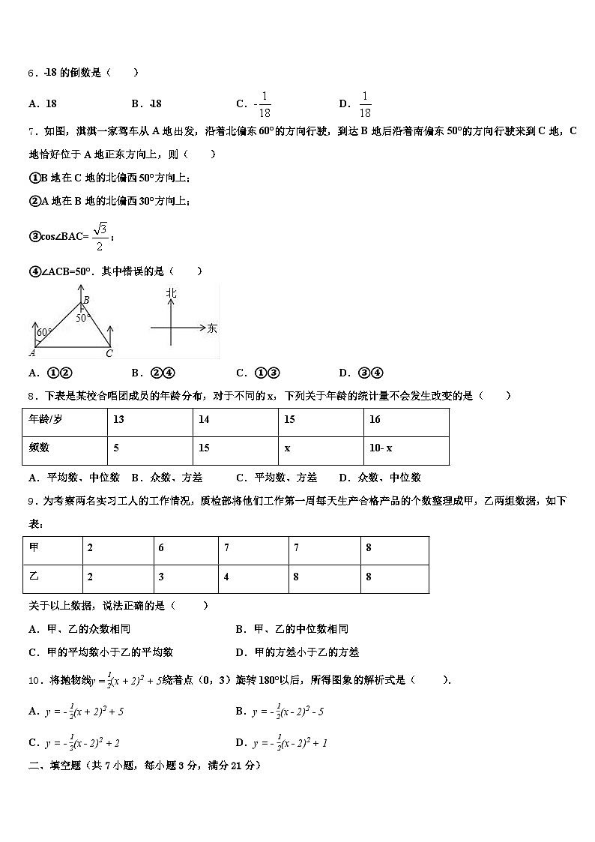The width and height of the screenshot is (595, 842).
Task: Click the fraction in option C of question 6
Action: tap(263, 104)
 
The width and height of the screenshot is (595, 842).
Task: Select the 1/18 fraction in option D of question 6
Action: tap(365, 104)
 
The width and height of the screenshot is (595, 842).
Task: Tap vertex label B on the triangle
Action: tap(86, 300)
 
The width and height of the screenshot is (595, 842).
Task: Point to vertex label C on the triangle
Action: tap(109, 353)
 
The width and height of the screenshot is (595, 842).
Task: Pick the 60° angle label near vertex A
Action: tap(43, 331)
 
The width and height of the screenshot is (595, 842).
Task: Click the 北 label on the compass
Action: tap(172, 294)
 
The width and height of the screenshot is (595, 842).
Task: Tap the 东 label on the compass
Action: tap(212, 328)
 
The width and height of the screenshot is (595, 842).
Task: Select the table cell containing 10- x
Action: tap(405, 448)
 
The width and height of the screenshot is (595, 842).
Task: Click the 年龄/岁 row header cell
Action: tap(64, 420)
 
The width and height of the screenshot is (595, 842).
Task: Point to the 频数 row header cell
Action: tap(64, 448)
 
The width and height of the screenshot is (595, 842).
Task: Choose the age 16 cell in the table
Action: tap(405, 420)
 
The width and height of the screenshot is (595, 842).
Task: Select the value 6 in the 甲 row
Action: tap(186, 548)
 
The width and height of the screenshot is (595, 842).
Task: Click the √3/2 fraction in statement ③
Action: tap(100, 236)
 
